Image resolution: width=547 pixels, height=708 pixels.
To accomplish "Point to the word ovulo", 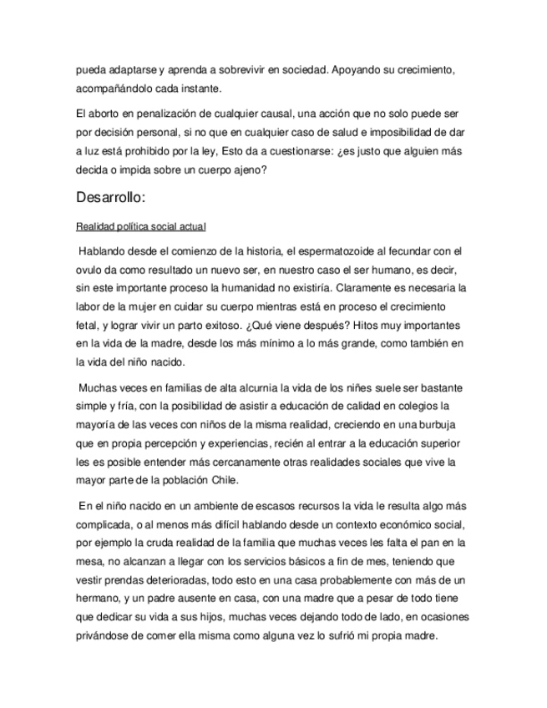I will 89,270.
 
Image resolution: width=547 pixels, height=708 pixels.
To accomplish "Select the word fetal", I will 88,325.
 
